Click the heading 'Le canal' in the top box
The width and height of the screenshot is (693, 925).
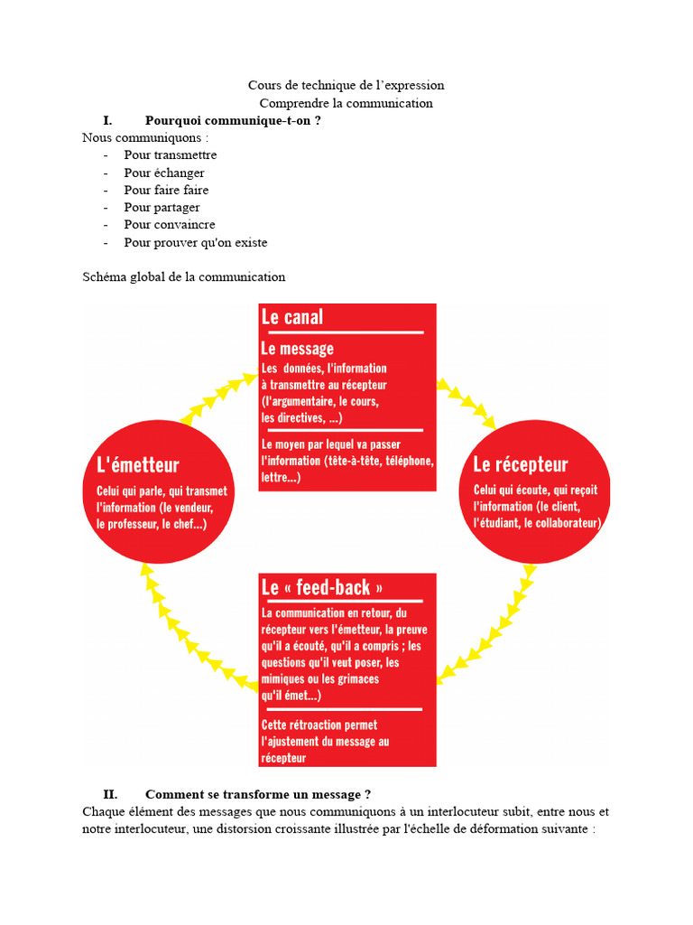291,317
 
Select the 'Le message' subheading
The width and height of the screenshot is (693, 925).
297,349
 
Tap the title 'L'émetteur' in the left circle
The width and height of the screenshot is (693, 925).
138,465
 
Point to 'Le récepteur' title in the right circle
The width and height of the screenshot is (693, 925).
521,464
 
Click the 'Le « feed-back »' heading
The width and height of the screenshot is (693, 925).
316,587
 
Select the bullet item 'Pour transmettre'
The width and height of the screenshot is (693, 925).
171,154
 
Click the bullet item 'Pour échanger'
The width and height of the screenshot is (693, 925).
164,173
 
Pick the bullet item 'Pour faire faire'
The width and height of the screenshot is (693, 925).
166,190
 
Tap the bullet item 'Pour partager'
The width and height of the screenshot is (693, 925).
162,207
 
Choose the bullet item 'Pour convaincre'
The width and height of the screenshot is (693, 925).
170,224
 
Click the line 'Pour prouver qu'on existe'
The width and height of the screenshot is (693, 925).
196,242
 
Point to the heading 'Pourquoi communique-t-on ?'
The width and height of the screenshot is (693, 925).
233,120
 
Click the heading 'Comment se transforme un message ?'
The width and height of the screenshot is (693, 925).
258,794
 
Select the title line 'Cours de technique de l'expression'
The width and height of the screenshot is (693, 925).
346,85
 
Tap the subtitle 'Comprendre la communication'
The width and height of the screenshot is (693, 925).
346,103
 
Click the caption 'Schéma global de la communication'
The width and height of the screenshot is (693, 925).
184,276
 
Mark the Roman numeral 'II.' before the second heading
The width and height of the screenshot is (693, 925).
111,794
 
